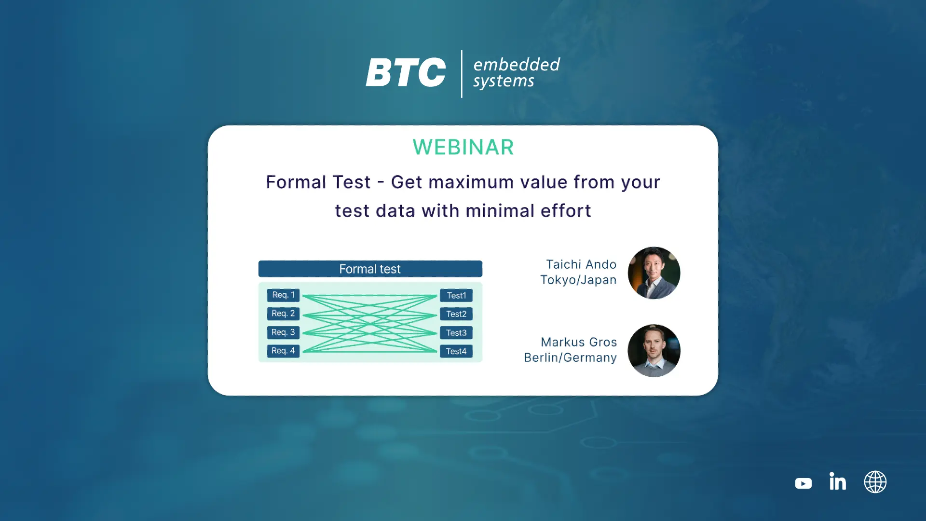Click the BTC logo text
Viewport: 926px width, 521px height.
pyautogui.click(x=406, y=72)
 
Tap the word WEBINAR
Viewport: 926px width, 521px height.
pyautogui.click(x=463, y=147)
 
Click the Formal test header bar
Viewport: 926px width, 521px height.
pyautogui.click(x=370, y=269)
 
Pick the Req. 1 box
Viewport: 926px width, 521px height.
pyautogui.click(x=283, y=295)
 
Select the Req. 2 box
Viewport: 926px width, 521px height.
pyautogui.click(x=283, y=314)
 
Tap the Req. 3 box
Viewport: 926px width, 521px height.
pyautogui.click(x=283, y=332)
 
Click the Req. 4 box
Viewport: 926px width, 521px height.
pyautogui.click(x=283, y=351)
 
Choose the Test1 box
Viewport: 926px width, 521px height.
pyautogui.click(x=456, y=295)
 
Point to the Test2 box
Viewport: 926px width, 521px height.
pyautogui.click(x=456, y=314)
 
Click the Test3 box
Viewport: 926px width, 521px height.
pyautogui.click(x=456, y=333)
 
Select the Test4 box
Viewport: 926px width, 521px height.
pyautogui.click(x=456, y=351)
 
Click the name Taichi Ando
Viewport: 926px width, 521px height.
pyautogui.click(x=581, y=264)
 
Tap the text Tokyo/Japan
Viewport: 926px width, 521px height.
pyautogui.click(x=578, y=280)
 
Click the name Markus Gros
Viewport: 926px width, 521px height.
pyautogui.click(x=579, y=342)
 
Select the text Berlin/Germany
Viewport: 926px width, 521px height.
pyautogui.click(x=570, y=358)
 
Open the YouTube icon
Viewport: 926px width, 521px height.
pyautogui.click(x=803, y=483)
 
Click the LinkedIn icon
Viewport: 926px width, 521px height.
pyautogui.click(x=838, y=481)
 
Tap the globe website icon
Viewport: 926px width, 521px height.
pyautogui.click(x=875, y=482)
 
